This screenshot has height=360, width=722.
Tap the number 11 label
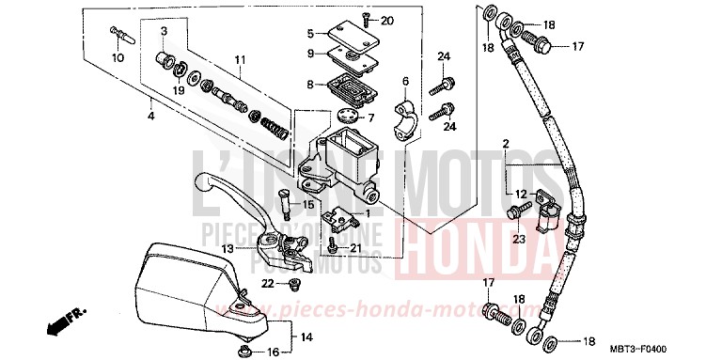(x=241, y=59)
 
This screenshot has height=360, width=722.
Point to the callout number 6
(x=406, y=81)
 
